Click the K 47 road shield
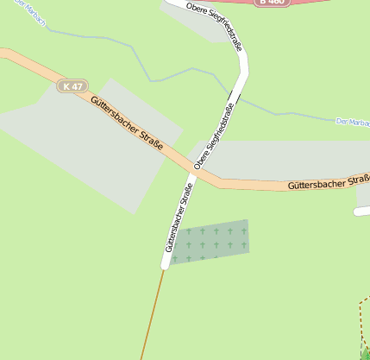pyautogui.click(x=73, y=85)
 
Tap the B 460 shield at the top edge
pyautogui.click(x=271, y=3)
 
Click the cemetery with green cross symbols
pyautogui.click(x=210, y=241)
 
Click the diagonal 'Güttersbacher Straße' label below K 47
pyautogui.click(x=126, y=125)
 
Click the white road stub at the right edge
pyautogui.click(x=362, y=210)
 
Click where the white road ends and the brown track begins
pyautogui.click(x=163, y=267)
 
